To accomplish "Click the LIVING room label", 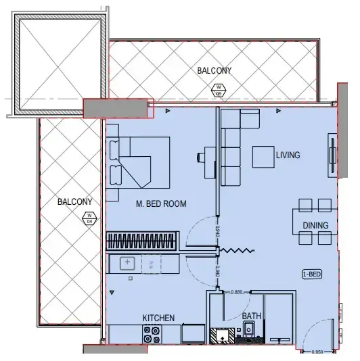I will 288,155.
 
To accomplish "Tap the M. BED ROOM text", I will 161,203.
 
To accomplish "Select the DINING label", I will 315,225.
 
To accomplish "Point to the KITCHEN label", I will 158,318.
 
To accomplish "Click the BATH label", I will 251,316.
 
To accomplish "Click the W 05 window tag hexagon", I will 218,89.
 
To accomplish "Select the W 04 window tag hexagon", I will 88,218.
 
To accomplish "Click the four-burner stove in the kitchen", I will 152,333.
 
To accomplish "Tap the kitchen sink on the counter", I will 128,263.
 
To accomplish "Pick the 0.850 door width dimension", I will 237,292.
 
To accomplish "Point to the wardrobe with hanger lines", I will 141,241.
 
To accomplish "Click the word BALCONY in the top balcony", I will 215,70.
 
